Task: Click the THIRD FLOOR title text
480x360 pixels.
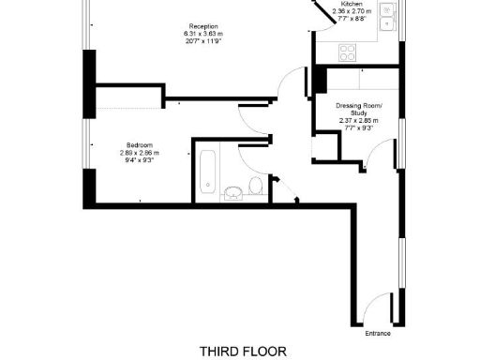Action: coord(240,351)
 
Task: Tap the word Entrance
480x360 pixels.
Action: coord(378,333)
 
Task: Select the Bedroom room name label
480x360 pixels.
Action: coord(139,145)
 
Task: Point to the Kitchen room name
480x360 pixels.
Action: coord(352,4)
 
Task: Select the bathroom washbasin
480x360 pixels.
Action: coord(232,193)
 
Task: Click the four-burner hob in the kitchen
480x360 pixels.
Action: coord(347,52)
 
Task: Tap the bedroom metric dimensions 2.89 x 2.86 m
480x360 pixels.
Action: coord(139,153)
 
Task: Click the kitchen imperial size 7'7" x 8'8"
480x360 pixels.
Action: coord(352,19)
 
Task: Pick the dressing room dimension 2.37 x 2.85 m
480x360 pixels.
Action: coord(359,121)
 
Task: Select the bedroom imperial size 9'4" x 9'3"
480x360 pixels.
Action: coord(139,160)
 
